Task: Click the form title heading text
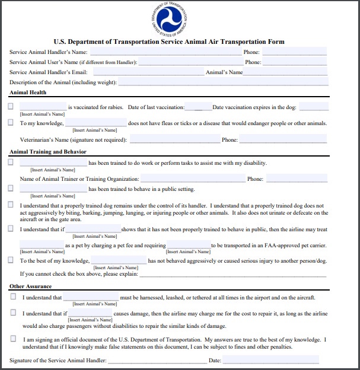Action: pos(169,42)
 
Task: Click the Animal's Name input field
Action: pos(285,72)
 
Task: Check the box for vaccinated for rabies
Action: pos(11,107)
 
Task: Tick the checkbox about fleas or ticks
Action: pos(11,123)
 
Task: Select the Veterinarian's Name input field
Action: pos(174,140)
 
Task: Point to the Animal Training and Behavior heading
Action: pos(47,152)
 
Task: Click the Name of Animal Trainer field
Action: pos(193,178)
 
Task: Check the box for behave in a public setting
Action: pos(11,189)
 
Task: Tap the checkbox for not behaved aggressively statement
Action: pos(11,260)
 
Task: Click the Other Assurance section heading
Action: pos(29,286)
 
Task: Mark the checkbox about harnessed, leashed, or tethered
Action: pos(13,297)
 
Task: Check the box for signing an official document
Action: pos(13,339)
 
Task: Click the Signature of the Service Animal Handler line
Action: pos(157,360)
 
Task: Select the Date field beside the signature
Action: pos(270,360)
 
